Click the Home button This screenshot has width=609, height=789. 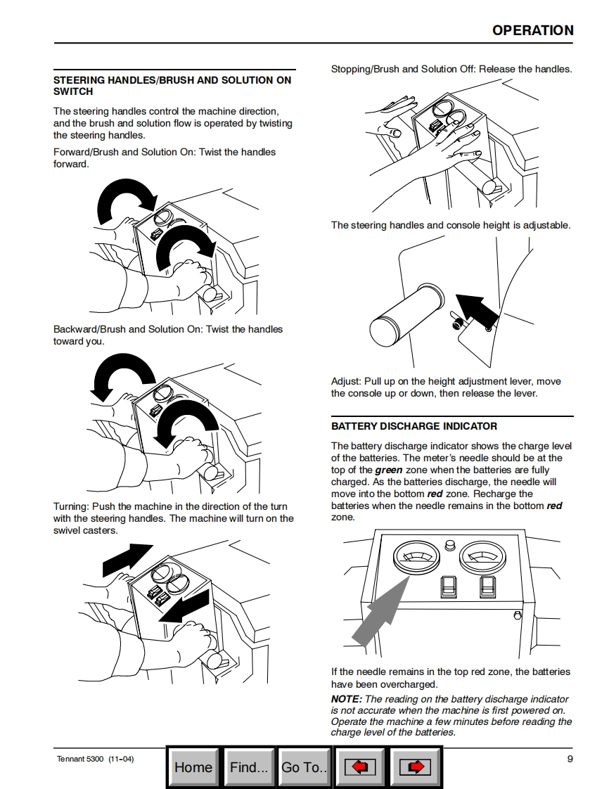[x=193, y=767]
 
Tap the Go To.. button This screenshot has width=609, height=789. [x=304, y=767]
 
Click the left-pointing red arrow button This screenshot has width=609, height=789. [x=359, y=767]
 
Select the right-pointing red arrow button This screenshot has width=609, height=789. [x=415, y=767]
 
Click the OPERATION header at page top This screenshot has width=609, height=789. [x=532, y=30]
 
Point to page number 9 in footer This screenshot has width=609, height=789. [x=570, y=759]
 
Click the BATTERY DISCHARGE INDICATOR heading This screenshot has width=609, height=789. [x=414, y=426]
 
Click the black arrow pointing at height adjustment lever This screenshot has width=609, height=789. [x=475, y=310]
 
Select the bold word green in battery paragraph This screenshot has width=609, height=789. [x=389, y=470]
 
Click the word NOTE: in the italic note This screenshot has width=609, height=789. [x=347, y=699]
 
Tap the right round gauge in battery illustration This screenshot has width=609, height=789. [x=480, y=558]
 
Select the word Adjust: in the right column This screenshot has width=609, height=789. [x=346, y=381]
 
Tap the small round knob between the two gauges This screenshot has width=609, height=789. [x=450, y=545]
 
